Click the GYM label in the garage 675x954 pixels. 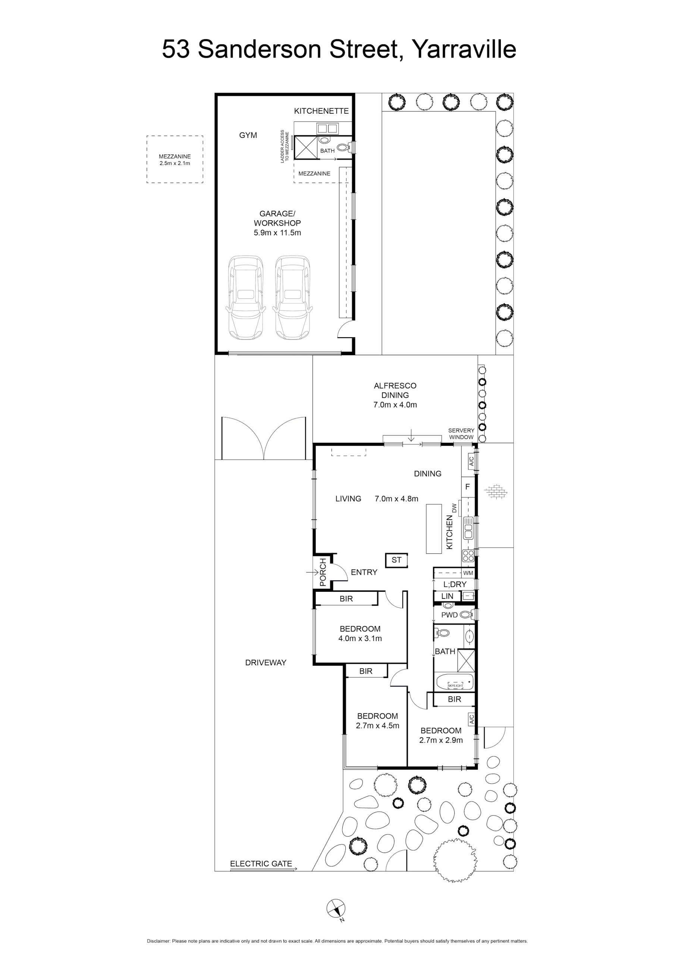point(248,135)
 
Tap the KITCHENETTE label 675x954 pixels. point(321,111)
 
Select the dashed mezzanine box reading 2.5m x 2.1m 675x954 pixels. point(175,159)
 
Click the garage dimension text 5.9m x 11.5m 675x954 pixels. point(277,233)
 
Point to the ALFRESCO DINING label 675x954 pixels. point(395,390)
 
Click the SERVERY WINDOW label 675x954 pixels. point(461,434)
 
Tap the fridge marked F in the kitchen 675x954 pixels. point(468,487)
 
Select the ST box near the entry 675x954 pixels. point(396,560)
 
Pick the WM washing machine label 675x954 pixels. point(468,573)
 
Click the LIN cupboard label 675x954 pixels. point(447,596)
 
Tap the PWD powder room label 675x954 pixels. point(450,615)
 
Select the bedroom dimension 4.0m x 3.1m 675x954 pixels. point(360,639)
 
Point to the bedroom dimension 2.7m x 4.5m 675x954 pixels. point(378,726)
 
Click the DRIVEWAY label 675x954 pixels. point(266,662)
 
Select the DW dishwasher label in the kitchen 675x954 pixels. point(454,508)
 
